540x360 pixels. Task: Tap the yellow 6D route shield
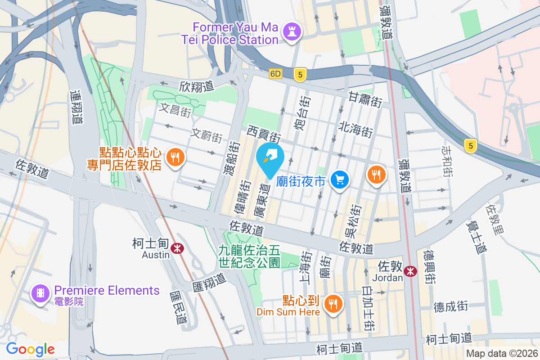point(275,73)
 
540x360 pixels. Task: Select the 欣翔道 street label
point(196,86)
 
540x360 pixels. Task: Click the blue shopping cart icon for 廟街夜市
point(340,180)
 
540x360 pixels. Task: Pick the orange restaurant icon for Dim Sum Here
point(333,304)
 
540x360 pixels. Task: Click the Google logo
point(30,349)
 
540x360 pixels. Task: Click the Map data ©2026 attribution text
point(502,354)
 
